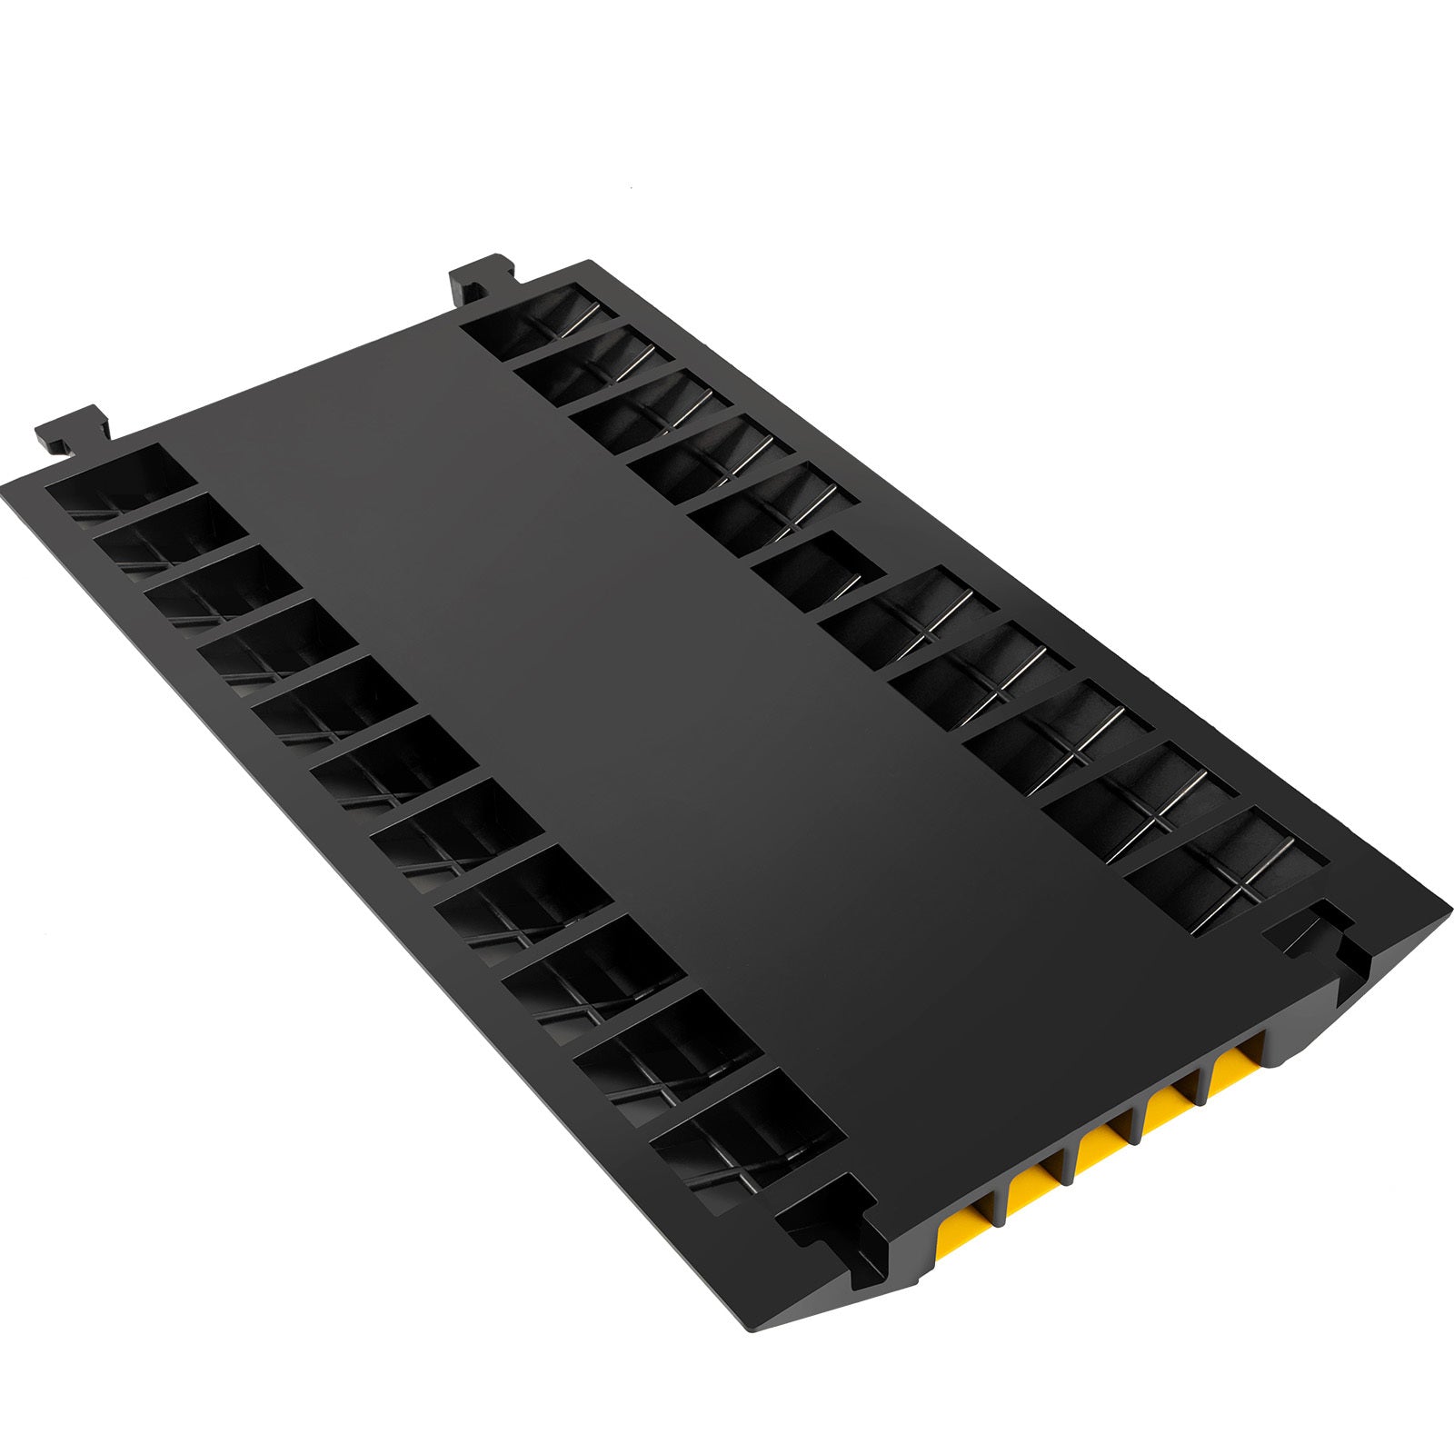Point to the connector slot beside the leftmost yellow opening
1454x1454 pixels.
click(x=836, y=1218)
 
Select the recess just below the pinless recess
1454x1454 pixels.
click(x=900, y=613)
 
